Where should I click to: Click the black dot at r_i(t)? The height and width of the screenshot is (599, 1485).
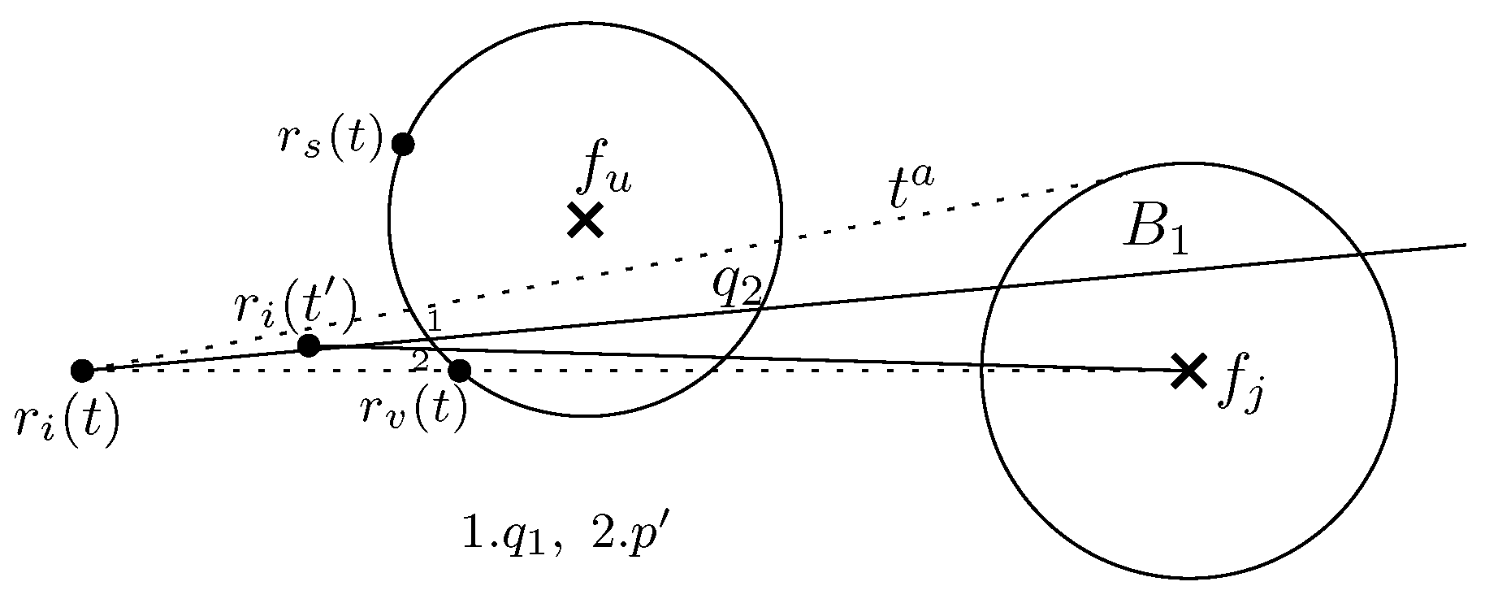coord(82,371)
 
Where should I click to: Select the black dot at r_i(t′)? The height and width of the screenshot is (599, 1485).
coord(309,345)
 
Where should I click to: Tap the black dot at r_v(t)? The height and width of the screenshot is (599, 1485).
coord(459,371)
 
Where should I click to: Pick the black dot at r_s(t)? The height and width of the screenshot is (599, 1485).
coord(403,144)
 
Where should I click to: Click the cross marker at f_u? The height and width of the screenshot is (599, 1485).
coord(585,219)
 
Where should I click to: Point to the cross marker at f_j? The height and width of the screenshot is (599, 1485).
coord(1188,371)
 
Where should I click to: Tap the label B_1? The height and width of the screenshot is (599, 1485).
coord(1156,232)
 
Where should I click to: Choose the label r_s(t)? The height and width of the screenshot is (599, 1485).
coord(330,141)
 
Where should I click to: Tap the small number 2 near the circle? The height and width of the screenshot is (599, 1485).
coord(419,360)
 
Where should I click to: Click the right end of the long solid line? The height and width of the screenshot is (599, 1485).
coord(1465,244)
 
